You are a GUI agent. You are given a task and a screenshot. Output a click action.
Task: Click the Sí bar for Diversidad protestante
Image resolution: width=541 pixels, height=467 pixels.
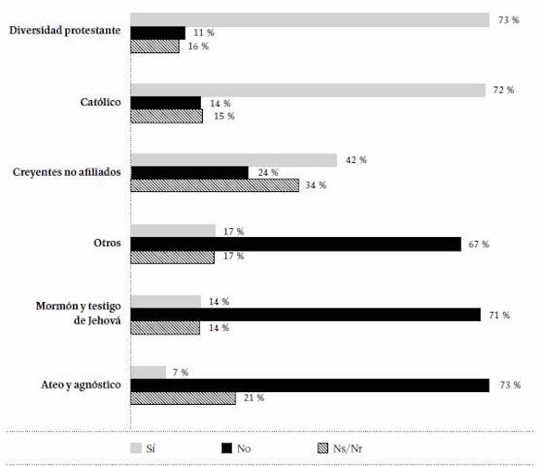point(310,20)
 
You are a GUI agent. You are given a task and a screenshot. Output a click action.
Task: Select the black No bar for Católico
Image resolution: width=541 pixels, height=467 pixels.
point(166,103)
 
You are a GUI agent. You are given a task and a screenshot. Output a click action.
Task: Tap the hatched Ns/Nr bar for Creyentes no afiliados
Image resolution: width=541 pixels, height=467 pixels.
point(215,186)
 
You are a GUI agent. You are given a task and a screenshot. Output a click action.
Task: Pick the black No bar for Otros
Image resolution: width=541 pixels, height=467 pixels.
point(296,243)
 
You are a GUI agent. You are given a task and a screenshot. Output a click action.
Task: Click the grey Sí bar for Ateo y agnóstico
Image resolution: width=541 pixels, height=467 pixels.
point(149,371)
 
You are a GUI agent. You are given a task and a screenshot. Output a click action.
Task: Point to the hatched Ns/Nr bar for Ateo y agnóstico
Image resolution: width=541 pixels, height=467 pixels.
point(183,398)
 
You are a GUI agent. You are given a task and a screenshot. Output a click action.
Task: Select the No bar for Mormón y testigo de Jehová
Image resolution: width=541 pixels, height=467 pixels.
point(306,315)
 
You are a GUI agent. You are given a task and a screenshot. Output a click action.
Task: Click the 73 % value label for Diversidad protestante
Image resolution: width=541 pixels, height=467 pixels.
point(509,19)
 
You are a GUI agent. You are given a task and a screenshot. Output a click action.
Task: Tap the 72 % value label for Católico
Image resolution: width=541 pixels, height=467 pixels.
point(503,90)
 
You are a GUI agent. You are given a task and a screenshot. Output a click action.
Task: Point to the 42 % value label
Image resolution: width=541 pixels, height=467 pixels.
point(356,160)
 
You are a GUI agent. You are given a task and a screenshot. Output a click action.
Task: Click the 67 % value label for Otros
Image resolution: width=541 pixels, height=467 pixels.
point(478,244)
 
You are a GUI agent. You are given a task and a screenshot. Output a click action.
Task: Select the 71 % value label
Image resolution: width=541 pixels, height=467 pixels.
point(500,315)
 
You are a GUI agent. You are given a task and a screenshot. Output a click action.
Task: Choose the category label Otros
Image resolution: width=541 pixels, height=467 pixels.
point(105,243)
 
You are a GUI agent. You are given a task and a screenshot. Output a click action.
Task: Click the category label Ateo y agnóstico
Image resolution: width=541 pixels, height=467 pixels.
point(77,385)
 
